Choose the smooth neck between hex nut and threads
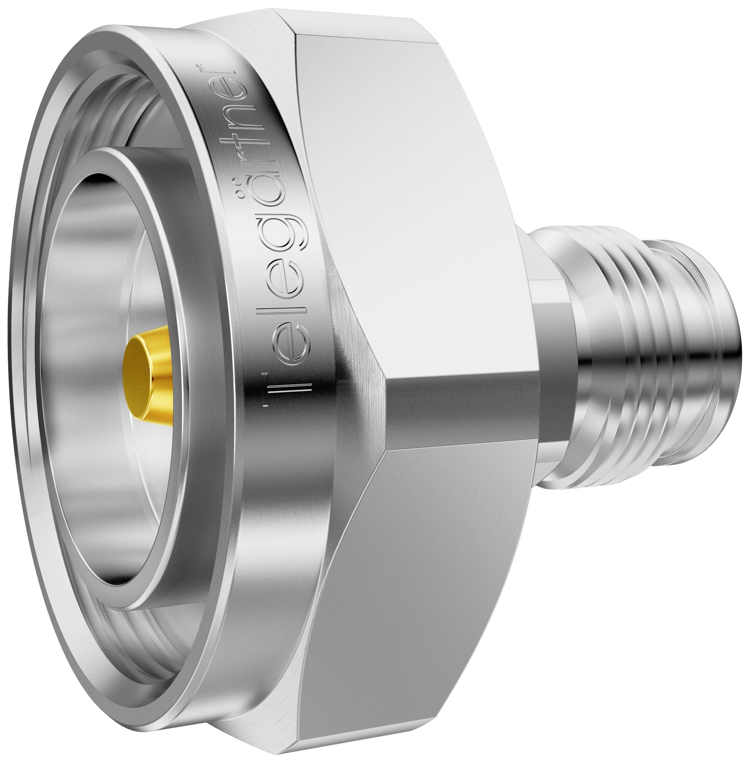pyautogui.click(x=552, y=354)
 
